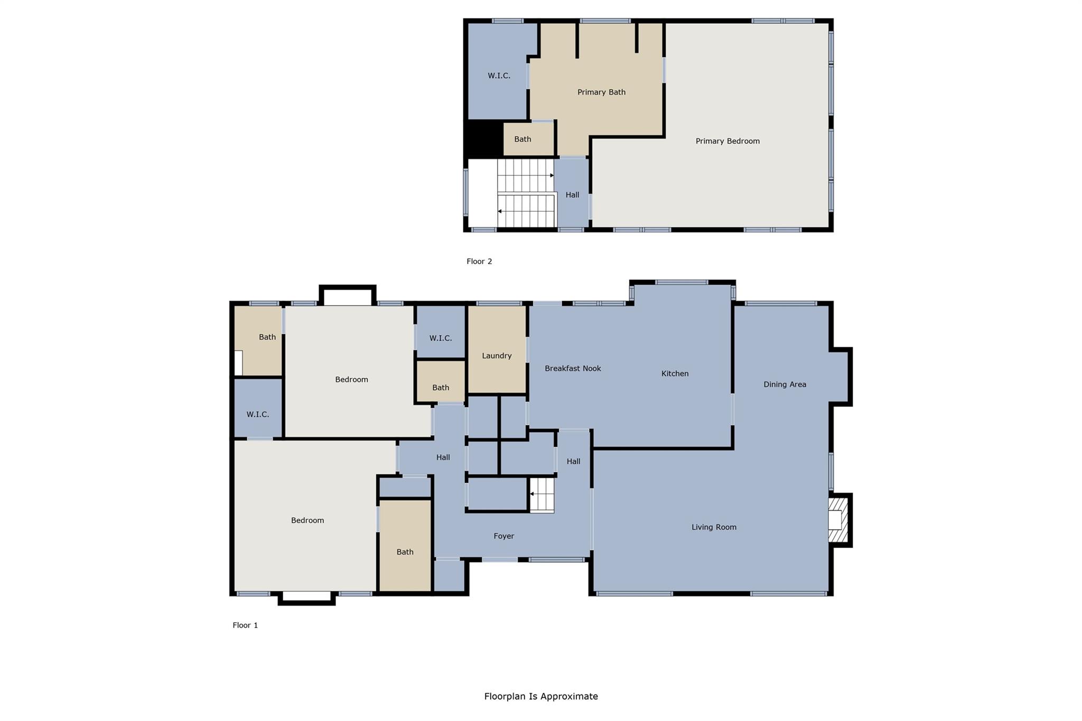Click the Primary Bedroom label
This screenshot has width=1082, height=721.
727,141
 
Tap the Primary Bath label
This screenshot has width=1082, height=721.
601,92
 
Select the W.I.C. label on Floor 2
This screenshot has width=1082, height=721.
499,76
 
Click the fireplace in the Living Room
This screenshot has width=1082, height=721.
837,520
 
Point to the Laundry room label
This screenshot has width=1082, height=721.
497,355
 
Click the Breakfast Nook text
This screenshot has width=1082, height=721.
573,368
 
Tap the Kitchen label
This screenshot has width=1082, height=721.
675,373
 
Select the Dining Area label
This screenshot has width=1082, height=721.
785,384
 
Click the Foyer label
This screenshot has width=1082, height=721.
503,536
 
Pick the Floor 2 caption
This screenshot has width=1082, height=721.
479,261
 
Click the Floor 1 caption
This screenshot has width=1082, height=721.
245,625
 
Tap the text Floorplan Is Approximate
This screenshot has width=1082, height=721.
541,696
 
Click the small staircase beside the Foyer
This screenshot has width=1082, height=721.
542,495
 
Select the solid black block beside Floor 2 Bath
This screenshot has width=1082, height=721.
483,138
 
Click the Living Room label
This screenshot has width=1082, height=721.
714,527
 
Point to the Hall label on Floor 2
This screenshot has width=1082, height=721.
572,194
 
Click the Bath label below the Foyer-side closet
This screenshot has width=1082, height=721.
405,551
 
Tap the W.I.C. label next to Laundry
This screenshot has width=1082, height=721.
440,338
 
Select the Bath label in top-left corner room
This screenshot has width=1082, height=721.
267,337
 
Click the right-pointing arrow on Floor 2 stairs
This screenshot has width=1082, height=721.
552,175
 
